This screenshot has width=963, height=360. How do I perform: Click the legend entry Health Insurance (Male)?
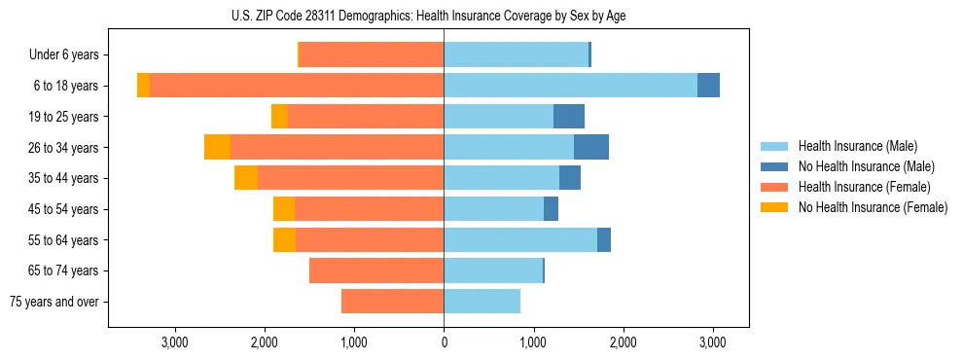[857, 146]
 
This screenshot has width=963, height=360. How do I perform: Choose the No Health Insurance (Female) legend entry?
[873, 207]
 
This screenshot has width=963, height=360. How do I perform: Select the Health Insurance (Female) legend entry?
[864, 187]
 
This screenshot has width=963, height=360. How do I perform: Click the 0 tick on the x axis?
[444, 342]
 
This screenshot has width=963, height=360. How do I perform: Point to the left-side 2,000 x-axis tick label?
[265, 342]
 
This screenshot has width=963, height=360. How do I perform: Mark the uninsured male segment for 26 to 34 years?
[591, 147]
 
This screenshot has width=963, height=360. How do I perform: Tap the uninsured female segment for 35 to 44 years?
[246, 178]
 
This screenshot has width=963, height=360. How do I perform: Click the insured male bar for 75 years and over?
[481, 302]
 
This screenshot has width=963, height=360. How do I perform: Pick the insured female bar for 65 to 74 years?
[376, 270]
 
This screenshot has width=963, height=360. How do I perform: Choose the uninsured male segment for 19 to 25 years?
[569, 117]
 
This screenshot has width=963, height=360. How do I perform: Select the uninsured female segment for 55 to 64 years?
[284, 239]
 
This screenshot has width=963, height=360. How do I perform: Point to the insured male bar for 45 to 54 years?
[493, 209]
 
